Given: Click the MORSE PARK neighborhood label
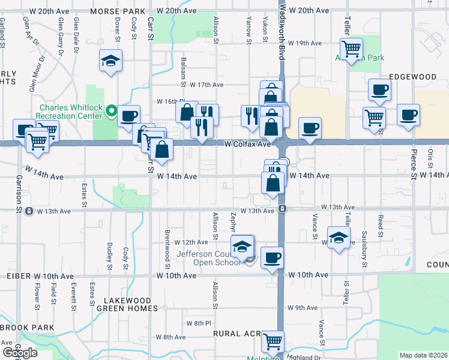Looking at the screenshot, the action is pos(118,11).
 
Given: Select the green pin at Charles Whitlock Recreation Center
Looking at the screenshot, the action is pos(111,111).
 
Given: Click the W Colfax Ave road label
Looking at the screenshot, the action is pos(247,145).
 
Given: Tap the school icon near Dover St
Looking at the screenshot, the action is pos(111,61).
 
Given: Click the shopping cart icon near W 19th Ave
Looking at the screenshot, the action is pos(351,48).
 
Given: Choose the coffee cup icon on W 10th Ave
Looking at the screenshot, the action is pos(272,257).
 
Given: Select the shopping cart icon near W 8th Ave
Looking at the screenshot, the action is pos(273,342).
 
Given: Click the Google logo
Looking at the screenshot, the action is pos(20,353).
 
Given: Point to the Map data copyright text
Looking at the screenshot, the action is pos(423,355).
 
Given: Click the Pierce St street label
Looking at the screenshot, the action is pos(413,157).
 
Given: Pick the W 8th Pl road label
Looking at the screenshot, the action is pos(196,323).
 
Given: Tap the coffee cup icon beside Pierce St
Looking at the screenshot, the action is pos(408,115).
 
